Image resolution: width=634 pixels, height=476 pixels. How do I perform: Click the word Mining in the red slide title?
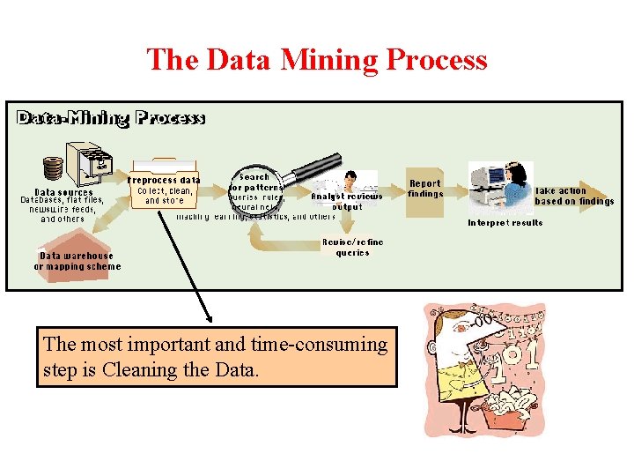click(x=328, y=60)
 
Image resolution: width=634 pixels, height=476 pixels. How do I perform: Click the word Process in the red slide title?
click(x=437, y=60)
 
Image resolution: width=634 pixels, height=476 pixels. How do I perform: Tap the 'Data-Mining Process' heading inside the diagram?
click(x=111, y=118)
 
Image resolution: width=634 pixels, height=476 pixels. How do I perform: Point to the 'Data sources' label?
click(x=63, y=191)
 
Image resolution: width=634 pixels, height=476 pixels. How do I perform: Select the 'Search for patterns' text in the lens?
click(x=255, y=182)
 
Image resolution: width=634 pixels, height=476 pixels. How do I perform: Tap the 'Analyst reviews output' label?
click(x=346, y=201)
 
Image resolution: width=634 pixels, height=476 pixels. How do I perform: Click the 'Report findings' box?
click(x=425, y=188)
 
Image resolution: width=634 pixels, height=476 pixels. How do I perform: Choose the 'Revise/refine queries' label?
click(x=352, y=247)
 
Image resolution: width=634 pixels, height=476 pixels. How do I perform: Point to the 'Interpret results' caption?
click(x=505, y=223)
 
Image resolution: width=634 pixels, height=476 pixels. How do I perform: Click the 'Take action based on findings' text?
click(x=573, y=196)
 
